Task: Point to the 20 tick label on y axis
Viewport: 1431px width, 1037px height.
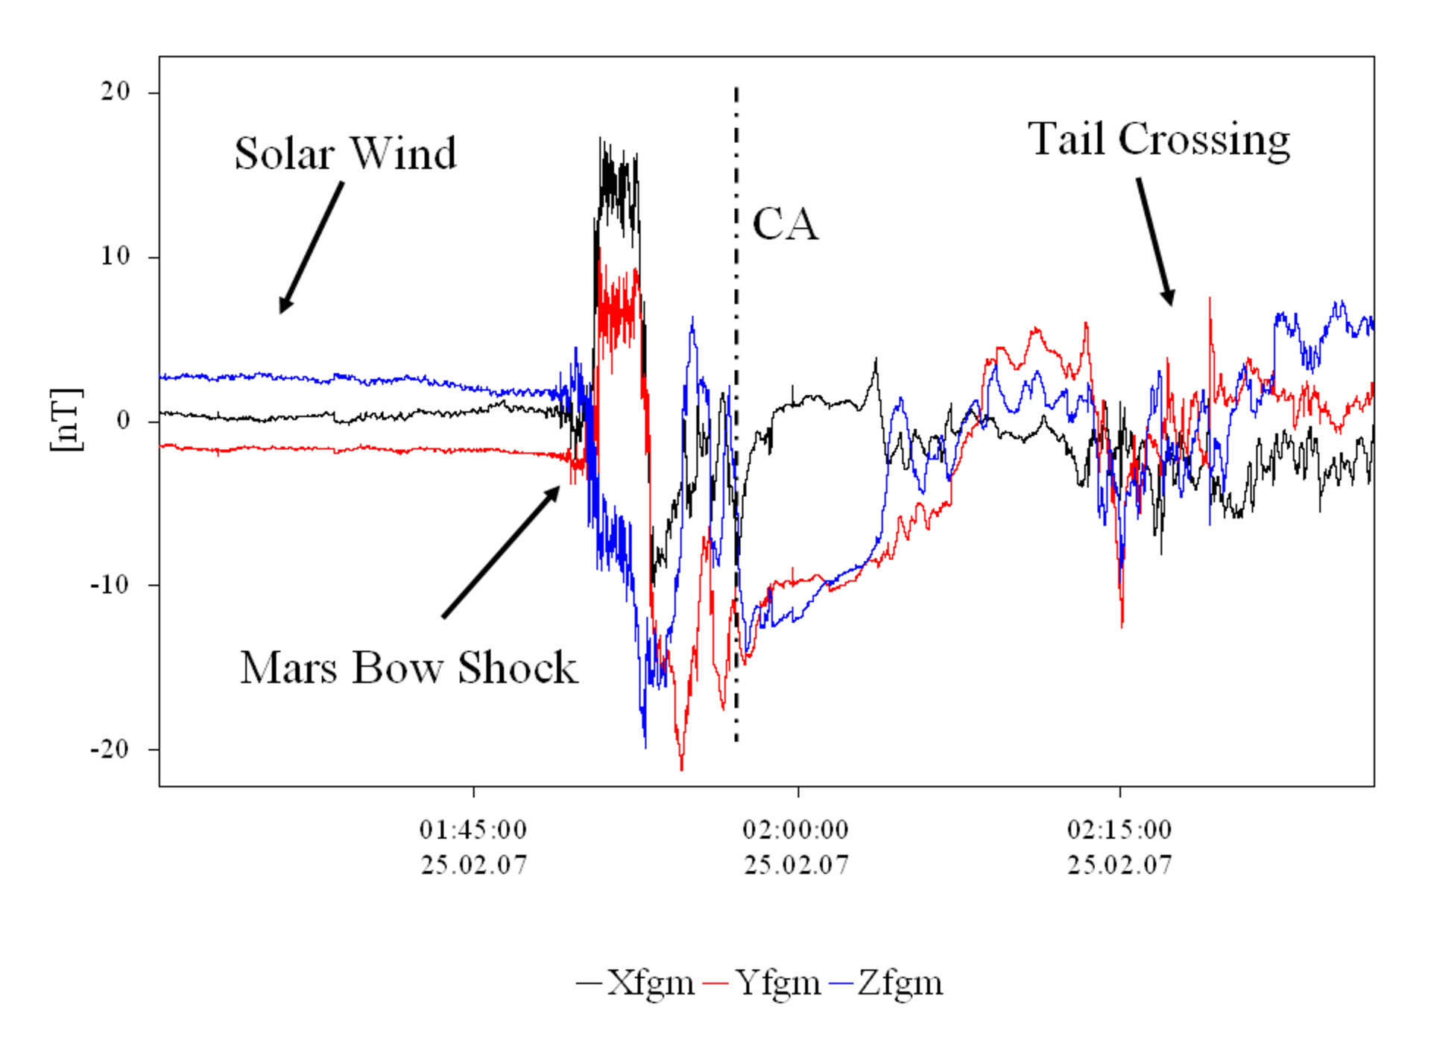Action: coord(116,92)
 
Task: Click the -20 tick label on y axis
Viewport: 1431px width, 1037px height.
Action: coord(110,749)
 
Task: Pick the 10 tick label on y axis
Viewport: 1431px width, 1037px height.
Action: coord(116,256)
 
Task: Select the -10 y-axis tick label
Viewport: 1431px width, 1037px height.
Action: coord(110,584)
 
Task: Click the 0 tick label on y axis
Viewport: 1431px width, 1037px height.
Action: coord(123,421)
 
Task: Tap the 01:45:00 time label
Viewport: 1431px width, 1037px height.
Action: coord(473,829)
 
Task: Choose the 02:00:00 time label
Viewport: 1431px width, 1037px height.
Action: coord(796,829)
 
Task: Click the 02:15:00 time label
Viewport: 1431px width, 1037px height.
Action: coord(1119,829)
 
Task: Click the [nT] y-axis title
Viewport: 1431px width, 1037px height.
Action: coord(66,420)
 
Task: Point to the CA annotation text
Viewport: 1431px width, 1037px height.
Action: coord(785,223)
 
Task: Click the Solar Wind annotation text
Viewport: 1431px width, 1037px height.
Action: coord(345,153)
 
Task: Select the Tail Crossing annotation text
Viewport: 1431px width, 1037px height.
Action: coord(1159,139)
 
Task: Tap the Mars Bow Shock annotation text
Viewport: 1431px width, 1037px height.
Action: coord(408,667)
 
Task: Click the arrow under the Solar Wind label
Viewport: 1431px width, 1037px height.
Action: coord(312,247)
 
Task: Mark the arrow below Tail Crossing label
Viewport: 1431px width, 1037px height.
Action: coord(1155,241)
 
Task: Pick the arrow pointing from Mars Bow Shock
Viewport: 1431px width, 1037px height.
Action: coord(501,551)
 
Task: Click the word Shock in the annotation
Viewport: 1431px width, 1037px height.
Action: coord(517,667)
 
